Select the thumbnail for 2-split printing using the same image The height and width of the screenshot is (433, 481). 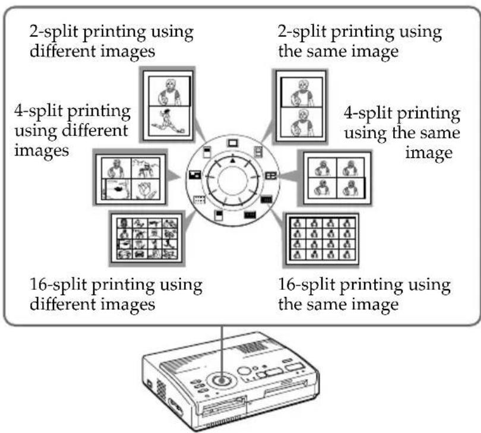pyautogui.click(x=299, y=104)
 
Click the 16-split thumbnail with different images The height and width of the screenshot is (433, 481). pyautogui.click(x=145, y=238)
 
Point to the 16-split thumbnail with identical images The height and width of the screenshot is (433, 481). pyautogui.click(x=322, y=238)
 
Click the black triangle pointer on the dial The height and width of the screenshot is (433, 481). pyautogui.click(x=233, y=160)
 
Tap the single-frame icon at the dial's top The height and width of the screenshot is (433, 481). pyautogui.click(x=233, y=142)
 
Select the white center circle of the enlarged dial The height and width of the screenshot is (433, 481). pyautogui.click(x=232, y=178)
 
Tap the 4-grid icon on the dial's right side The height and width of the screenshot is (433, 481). pyautogui.click(x=271, y=176)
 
